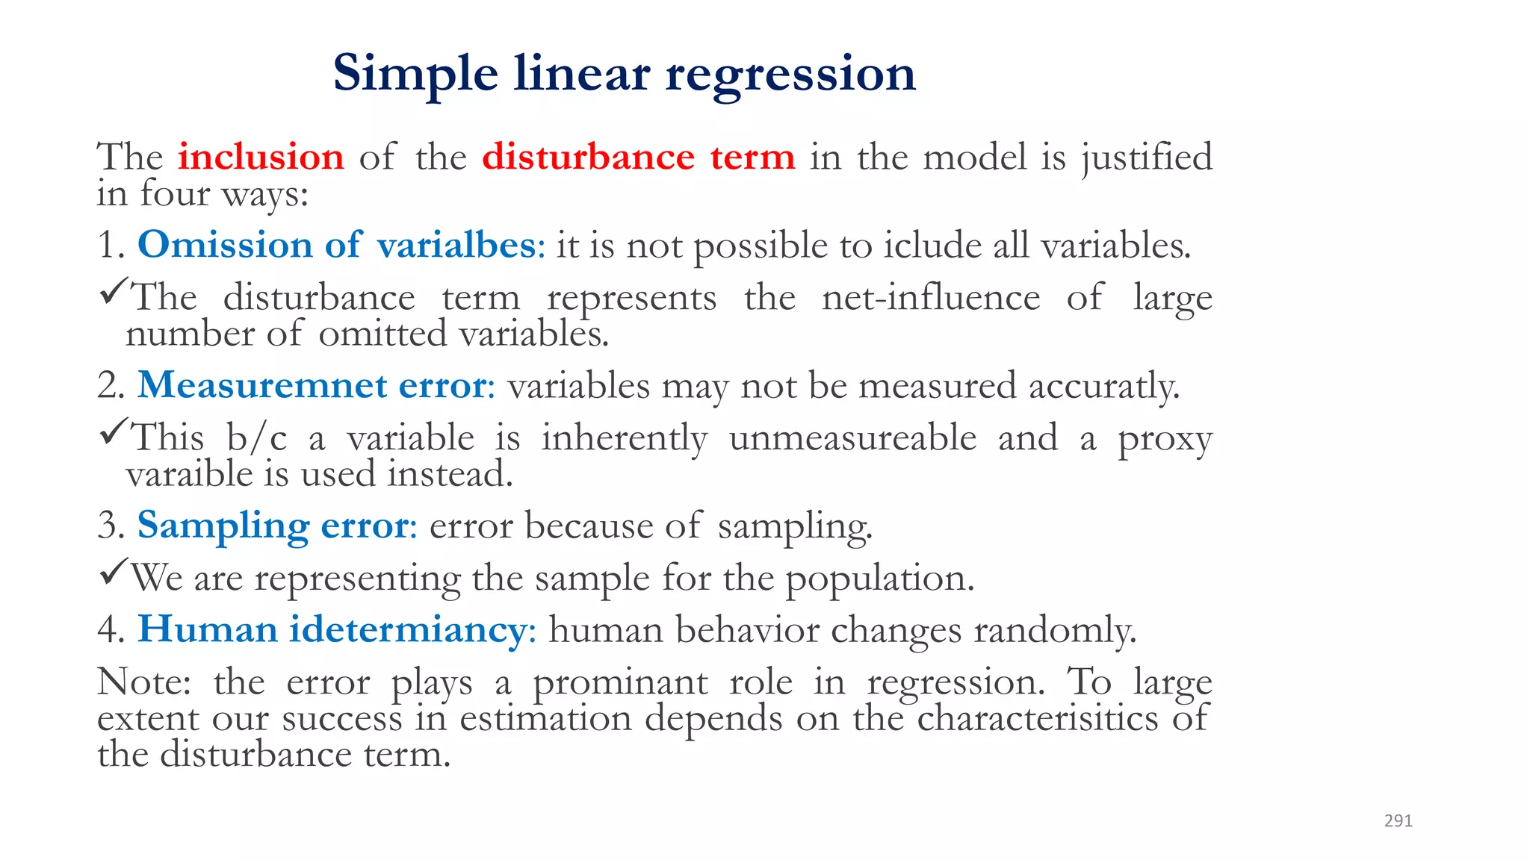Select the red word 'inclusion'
pos(261,157)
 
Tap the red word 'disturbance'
pos(588,157)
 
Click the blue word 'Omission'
pos(225,245)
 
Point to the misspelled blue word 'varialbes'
pos(461,245)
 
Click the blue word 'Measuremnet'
pos(262,385)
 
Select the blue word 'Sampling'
pos(223,526)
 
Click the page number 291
pos(1398,820)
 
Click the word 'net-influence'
pos(931,297)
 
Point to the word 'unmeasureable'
pos(852,437)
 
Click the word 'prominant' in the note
pos(620,682)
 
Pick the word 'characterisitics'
pos(1037,718)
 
